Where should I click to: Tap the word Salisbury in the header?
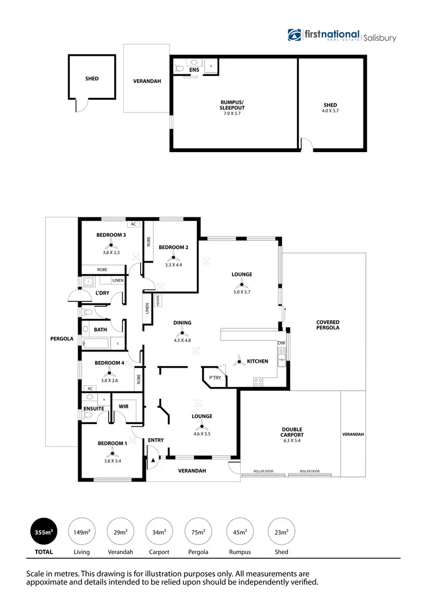380,38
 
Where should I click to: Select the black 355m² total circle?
43,531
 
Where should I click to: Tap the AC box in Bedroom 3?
133,224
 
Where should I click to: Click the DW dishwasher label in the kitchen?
281,342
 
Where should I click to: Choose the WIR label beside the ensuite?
124,406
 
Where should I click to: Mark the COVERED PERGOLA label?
327,326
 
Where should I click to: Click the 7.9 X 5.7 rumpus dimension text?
232,114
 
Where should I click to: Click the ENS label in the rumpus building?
194,70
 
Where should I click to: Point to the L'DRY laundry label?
102,293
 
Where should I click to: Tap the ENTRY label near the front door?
155,440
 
